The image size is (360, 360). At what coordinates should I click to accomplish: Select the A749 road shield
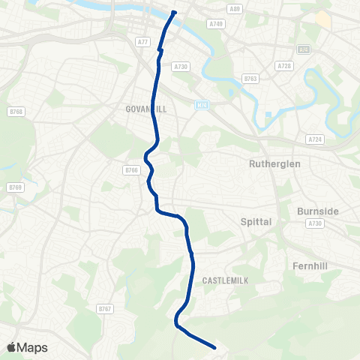pos(217,24)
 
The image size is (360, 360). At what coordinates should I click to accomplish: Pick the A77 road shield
pos(143,42)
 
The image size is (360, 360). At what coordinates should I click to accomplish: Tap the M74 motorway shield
pos(200,104)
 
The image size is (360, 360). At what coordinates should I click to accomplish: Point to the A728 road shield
pos(284,66)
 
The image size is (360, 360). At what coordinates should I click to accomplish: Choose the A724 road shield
pos(314,139)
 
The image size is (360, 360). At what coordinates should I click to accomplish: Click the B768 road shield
pos(16,112)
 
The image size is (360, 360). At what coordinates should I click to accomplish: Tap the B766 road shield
pos(133,170)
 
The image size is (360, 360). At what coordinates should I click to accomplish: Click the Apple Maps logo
pos(26,347)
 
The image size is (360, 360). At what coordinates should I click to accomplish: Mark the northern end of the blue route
pos(174,12)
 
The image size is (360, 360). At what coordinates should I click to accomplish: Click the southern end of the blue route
pos(215,347)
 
